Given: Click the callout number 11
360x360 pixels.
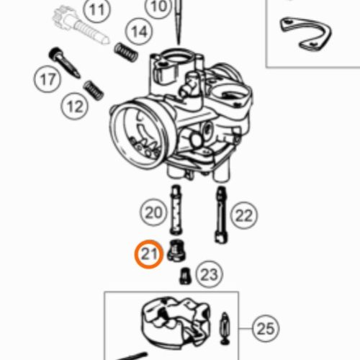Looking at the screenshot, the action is (x=96, y=9).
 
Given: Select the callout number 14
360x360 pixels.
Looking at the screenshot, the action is (x=139, y=32).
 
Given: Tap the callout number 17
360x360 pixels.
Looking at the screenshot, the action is (x=48, y=79).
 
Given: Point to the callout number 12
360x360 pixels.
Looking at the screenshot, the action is (x=75, y=107).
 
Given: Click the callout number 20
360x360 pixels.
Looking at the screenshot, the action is (x=153, y=212).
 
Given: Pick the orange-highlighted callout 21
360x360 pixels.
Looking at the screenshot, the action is (x=149, y=254).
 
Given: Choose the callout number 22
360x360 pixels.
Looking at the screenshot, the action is (x=244, y=215).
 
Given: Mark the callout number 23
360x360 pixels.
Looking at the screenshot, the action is (x=210, y=275).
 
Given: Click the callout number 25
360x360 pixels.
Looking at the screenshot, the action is (x=266, y=328).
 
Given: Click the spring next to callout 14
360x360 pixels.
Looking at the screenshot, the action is (x=126, y=52).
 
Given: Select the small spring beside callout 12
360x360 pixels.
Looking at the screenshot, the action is (x=94, y=90).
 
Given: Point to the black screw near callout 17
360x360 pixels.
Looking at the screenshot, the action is (x=64, y=62).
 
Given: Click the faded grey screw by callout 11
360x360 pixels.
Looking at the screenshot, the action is (x=81, y=26).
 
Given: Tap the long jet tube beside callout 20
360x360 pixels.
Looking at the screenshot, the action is (x=176, y=210).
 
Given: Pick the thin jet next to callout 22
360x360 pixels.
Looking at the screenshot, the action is (x=221, y=215).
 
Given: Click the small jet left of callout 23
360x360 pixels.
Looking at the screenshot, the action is (x=185, y=276).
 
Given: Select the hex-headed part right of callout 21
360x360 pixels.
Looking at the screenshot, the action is (x=176, y=251).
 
